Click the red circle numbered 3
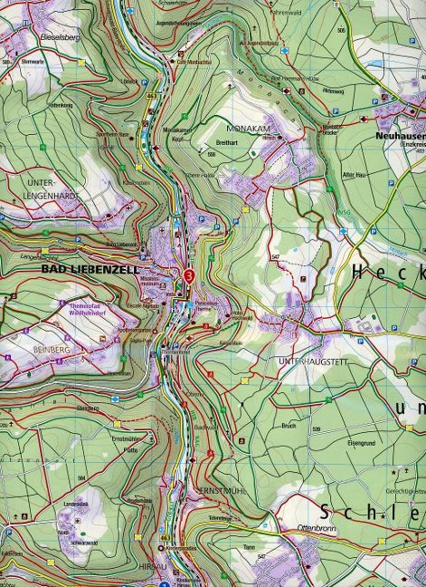[188, 275]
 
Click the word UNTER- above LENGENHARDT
[35, 181]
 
